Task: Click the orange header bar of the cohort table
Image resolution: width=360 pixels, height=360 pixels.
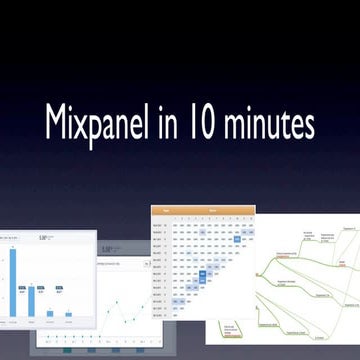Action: (203, 212)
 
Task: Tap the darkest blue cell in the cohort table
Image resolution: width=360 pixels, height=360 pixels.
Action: (238, 239)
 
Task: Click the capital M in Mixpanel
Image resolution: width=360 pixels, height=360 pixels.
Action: (56, 122)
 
